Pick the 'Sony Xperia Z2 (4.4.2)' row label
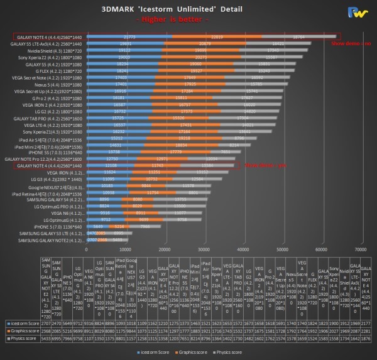pos(55,57)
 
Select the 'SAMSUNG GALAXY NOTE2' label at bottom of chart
pos(53,240)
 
